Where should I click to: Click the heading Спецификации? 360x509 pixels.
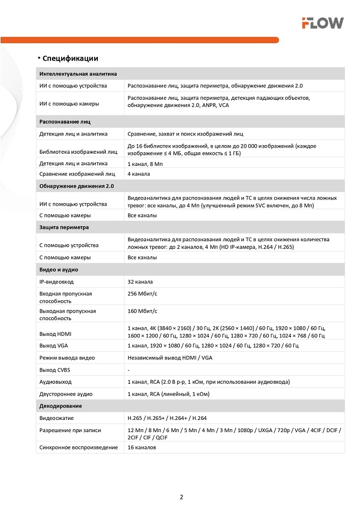pos(70,58)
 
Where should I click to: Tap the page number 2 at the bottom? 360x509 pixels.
pos(181,497)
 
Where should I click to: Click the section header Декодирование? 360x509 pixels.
pos(61,406)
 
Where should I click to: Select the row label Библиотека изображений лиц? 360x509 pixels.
pos(78,151)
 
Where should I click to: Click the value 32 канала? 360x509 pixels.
pos(140,281)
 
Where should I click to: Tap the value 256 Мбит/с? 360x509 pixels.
pos(143,294)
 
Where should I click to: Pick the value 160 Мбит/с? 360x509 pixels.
pos(143,310)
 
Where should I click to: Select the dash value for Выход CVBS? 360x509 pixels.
pos(128,370)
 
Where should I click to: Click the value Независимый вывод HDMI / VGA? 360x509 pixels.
pos(170,358)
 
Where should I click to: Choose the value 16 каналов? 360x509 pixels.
pos(142,447)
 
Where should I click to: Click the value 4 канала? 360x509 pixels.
pos(139,174)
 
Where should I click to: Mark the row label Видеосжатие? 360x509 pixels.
pos(57,418)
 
